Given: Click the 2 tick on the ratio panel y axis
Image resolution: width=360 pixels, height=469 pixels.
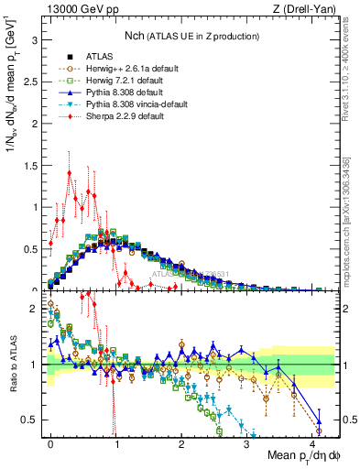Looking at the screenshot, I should pyautogui.click(x=33, y=310).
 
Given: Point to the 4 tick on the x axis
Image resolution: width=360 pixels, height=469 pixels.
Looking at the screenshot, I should pyautogui.click(x=312, y=443).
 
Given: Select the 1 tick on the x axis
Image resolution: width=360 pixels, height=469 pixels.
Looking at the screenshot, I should pyautogui.click(x=116, y=443).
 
